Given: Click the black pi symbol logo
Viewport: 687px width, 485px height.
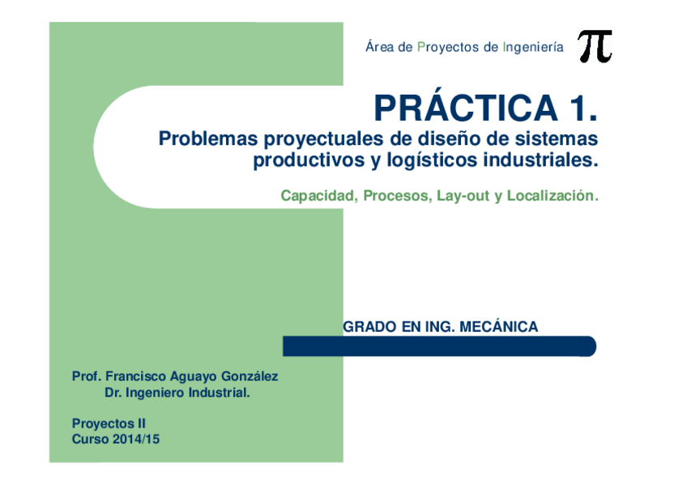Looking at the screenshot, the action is click(595, 46).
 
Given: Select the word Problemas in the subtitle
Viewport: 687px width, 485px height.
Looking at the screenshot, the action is click(208, 138).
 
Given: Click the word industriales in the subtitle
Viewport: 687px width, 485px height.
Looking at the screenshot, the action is click(540, 160).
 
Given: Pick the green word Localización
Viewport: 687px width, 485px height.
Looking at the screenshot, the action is click(553, 195).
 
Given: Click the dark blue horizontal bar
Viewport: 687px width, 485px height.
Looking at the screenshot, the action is click(439, 347).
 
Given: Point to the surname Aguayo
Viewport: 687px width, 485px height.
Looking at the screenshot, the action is click(193, 377).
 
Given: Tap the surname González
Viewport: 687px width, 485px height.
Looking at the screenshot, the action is click(250, 377).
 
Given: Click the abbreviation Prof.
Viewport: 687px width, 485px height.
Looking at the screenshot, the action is click(87, 377).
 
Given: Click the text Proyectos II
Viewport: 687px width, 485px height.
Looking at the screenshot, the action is click(109, 423).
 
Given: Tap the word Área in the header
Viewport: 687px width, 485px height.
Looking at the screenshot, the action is click(380, 46).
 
